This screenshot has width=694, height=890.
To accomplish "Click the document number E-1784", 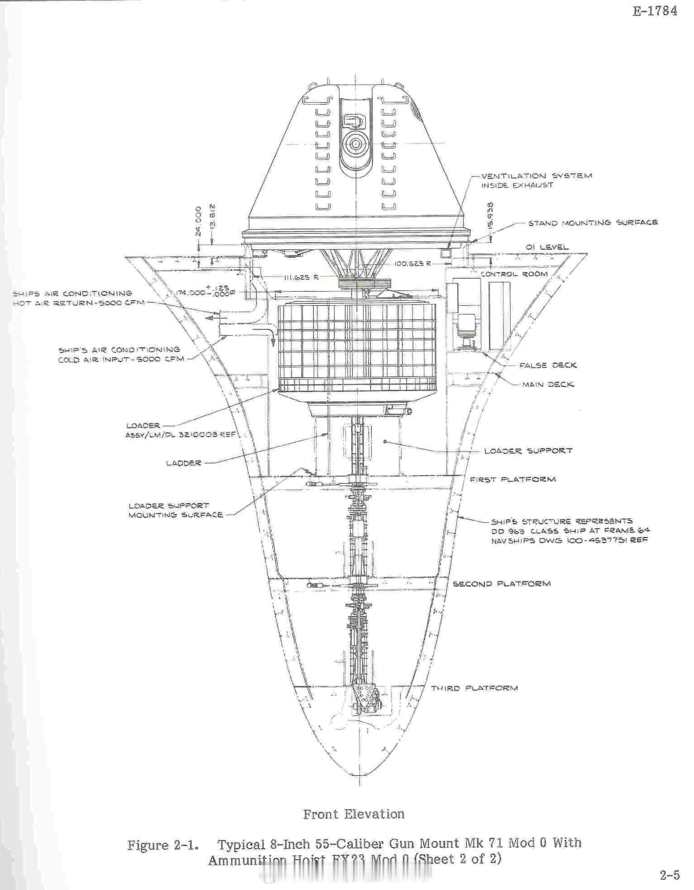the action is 655,11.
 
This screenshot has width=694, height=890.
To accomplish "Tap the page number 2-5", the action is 670,876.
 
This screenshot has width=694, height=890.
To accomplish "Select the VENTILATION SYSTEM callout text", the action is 536,176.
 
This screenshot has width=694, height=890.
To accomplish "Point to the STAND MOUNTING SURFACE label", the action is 593,223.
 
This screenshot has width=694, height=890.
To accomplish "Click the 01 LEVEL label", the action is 546,247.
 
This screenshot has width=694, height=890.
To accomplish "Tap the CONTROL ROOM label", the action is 514,274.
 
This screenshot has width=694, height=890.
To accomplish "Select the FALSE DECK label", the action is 548,365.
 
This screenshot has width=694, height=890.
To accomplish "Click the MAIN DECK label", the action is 548,385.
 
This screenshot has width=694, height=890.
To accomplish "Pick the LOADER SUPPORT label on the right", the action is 528,451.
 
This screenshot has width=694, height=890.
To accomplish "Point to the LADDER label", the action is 183,463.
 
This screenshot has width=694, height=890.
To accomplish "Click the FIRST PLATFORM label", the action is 512,479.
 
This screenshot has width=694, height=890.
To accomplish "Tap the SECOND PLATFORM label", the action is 502,583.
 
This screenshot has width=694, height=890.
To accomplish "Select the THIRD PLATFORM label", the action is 474,688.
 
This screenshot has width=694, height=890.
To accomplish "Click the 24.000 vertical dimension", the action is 197,221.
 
